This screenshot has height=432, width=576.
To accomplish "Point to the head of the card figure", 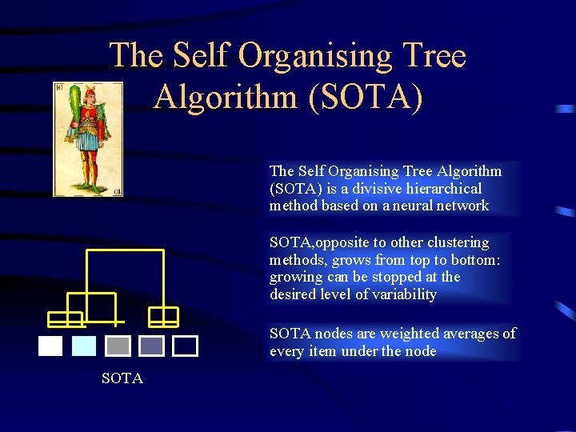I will coord(89,94).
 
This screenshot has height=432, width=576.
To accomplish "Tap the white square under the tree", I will coord(50,346).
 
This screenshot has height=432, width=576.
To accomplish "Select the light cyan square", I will coord(84,346).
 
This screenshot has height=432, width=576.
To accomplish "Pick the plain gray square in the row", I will coord(118,346).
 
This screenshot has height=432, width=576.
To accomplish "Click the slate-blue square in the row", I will coord(151,346).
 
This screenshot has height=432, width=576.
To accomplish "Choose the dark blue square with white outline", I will coord(186,346).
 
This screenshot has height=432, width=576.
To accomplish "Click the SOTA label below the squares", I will coord(122,378).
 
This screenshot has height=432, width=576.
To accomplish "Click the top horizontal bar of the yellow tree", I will coord(125,251).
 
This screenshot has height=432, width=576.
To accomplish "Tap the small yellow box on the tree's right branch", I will coord(164,317).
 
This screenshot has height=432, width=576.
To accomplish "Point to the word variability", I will coord(402,294).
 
